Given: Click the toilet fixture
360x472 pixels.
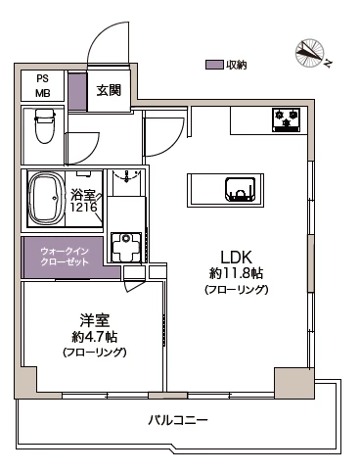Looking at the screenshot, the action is click(44, 126).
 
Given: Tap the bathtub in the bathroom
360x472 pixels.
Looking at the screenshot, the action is click(45, 198).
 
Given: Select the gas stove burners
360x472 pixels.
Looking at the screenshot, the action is click(287, 120).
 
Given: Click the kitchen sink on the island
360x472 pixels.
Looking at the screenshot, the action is click(241, 190).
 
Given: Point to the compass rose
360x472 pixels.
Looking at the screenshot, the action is click(309, 54).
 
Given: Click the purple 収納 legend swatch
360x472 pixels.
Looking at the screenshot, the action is click(214, 65).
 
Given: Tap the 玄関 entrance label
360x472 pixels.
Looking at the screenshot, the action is click(109, 90).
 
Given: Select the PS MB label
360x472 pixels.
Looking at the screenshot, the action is click(43, 86).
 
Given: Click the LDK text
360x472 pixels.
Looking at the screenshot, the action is click(237, 258).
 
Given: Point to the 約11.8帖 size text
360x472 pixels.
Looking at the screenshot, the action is click(236, 273).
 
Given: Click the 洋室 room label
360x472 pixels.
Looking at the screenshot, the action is click(95, 320).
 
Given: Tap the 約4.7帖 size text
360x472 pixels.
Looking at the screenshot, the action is click(95, 337).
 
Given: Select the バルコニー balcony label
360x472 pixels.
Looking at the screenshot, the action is click(178, 420).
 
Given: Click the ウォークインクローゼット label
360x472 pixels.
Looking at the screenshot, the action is click(65, 257).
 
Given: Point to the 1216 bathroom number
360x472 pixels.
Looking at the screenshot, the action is click(84, 207).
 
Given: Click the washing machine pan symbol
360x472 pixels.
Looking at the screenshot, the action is click(126, 247).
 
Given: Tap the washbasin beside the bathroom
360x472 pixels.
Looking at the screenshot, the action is click(126, 179).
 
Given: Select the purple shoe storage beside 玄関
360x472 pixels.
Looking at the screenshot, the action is click(77, 92).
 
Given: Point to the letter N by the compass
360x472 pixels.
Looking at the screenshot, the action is click(328, 63).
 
